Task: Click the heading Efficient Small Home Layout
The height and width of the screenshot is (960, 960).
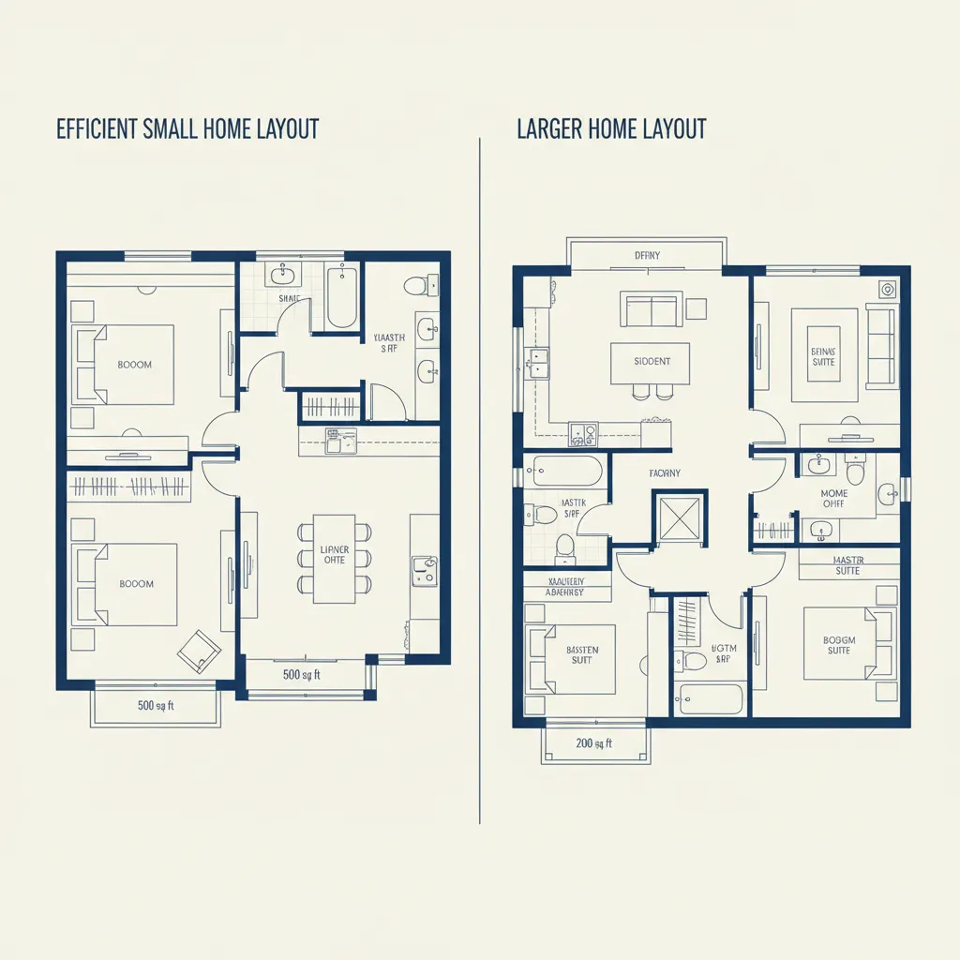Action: pos(187,128)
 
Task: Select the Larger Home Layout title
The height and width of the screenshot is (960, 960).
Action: pos(611,128)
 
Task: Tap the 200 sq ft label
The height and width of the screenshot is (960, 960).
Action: pos(593,743)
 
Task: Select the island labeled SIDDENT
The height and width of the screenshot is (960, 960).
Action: pos(652,362)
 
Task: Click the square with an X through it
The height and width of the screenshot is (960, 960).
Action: pos(680,517)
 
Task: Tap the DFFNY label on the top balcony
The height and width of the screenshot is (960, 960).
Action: pos(647,254)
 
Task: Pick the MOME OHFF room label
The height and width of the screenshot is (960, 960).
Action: pos(833,499)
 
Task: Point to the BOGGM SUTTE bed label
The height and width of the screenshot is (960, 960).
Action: pos(839,645)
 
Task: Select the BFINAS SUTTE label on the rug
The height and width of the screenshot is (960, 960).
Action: pos(822,357)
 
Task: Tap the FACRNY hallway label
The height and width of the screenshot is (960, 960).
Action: pos(665,473)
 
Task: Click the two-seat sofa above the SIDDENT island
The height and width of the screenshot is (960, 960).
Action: pos(650,308)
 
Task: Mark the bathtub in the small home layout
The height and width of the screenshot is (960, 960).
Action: pos(341,296)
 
